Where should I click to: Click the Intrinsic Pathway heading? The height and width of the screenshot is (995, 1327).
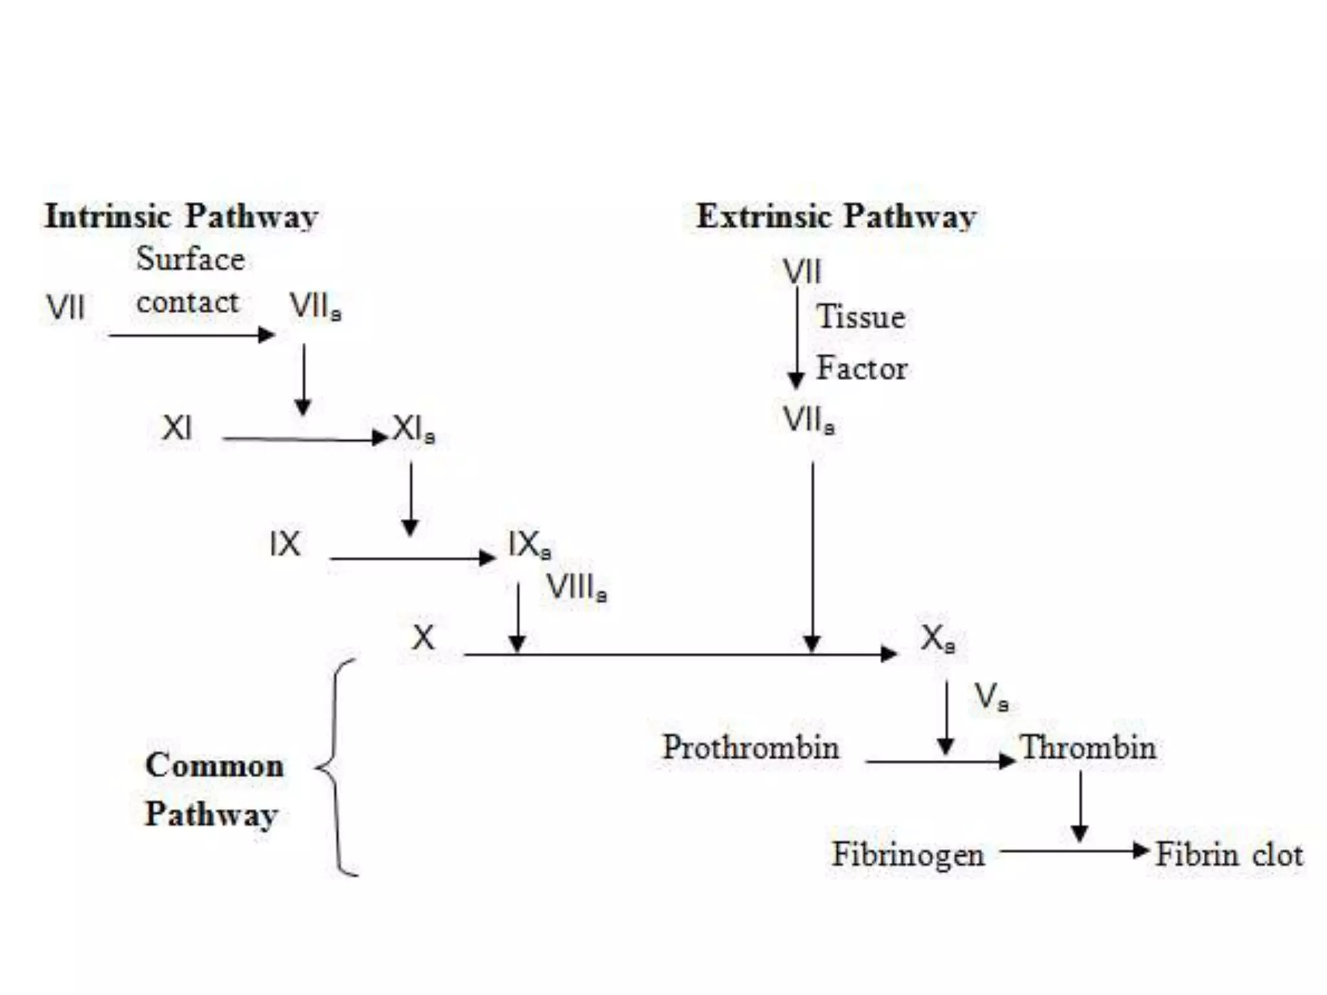click(181, 216)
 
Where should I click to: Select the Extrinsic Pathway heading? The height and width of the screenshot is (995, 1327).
click(836, 216)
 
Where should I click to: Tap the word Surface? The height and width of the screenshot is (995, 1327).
click(190, 259)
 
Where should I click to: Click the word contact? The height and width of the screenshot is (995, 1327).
click(187, 303)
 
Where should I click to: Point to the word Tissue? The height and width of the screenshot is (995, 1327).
click(860, 317)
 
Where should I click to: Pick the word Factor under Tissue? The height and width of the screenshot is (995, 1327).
click(861, 368)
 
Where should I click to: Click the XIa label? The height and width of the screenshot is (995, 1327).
click(413, 429)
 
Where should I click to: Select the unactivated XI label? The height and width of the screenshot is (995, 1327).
click(177, 428)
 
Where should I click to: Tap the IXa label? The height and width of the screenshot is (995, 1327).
click(529, 545)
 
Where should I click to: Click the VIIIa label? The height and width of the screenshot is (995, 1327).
click(576, 588)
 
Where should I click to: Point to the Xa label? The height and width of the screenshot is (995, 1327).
click(938, 639)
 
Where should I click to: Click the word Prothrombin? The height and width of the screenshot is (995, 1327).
click(750, 748)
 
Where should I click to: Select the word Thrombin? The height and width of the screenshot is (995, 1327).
click(1088, 748)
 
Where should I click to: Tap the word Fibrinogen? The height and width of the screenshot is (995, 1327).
click(908, 854)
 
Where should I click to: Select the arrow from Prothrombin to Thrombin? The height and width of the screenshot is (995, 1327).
click(940, 761)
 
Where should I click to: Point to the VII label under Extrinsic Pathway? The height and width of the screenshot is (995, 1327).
click(802, 271)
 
